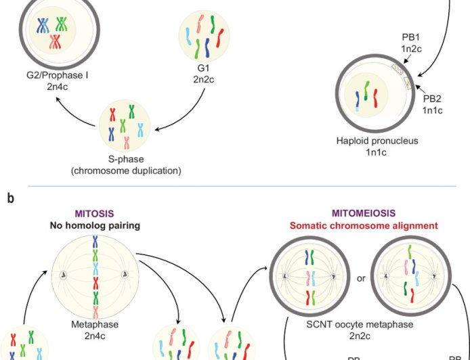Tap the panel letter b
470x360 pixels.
click(11, 198)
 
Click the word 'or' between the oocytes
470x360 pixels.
click(361, 277)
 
